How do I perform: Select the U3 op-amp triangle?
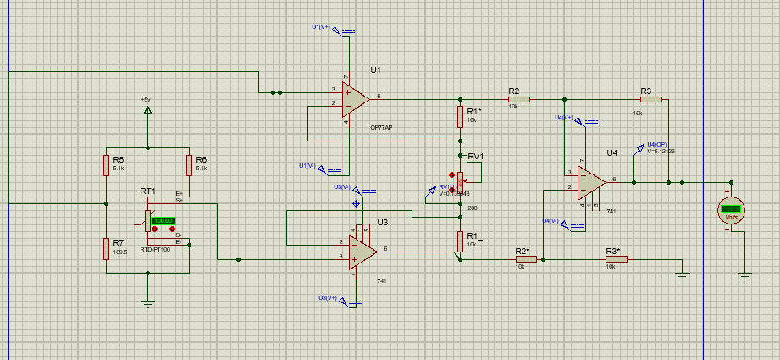pos(362,249)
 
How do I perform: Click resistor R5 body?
pos(107,164)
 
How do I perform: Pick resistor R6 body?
pos(189,164)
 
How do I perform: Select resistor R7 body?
pos(107,247)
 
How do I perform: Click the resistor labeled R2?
pos(518,99)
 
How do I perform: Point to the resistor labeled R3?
pos(650,99)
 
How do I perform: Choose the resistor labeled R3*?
pos(616,259)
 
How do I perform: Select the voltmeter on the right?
pos(731,208)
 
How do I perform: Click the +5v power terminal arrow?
pos(147,109)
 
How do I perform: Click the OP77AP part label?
pos(381,127)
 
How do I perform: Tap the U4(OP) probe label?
pos(656,144)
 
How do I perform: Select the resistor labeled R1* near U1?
pos(461,116)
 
